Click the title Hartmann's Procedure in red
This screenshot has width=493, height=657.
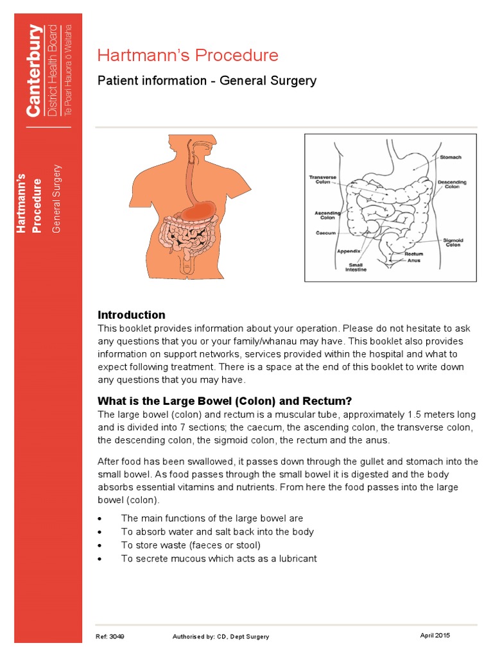[x=187, y=56]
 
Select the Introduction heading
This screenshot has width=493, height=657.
[x=131, y=315]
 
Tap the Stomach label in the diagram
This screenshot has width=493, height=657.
[x=450, y=157]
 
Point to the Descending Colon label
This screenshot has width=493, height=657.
[x=452, y=184]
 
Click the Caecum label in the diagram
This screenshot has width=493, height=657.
[x=325, y=233]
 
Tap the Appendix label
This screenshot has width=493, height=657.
[x=349, y=251]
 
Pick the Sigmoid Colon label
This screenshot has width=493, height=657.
[x=453, y=242]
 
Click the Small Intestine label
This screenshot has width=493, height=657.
[x=357, y=267]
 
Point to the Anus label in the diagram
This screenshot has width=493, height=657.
[x=414, y=261]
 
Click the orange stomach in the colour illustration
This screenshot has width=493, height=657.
[x=198, y=210]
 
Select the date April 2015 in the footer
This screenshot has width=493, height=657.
[x=435, y=635]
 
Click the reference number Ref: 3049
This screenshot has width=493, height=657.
[x=111, y=636]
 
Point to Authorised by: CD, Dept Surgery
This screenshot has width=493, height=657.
[x=221, y=636]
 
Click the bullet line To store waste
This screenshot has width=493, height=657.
[x=191, y=545]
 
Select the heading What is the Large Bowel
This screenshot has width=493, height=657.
[x=225, y=401]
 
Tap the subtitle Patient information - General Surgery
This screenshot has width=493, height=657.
[x=206, y=81]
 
